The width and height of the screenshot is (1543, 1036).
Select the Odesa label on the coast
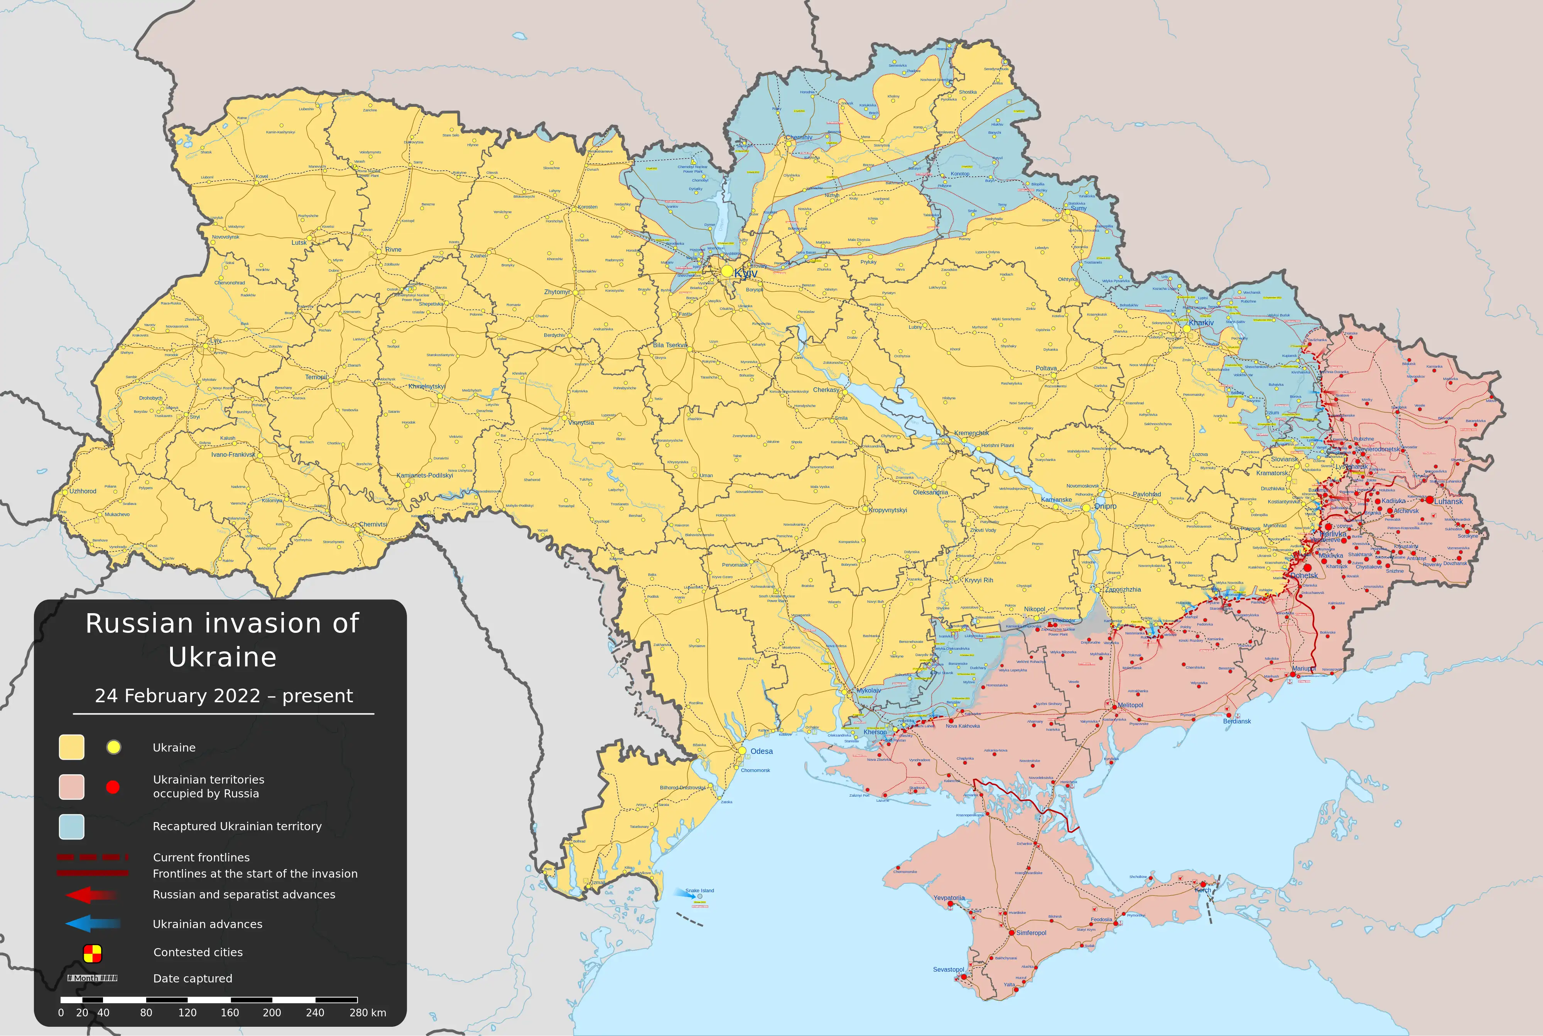click(761, 751)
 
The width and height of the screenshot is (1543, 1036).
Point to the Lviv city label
click(216, 341)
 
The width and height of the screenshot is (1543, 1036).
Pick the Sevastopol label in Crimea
click(948, 969)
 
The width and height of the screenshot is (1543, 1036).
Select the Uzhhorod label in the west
click(83, 491)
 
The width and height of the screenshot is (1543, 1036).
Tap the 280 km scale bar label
click(368, 1012)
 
